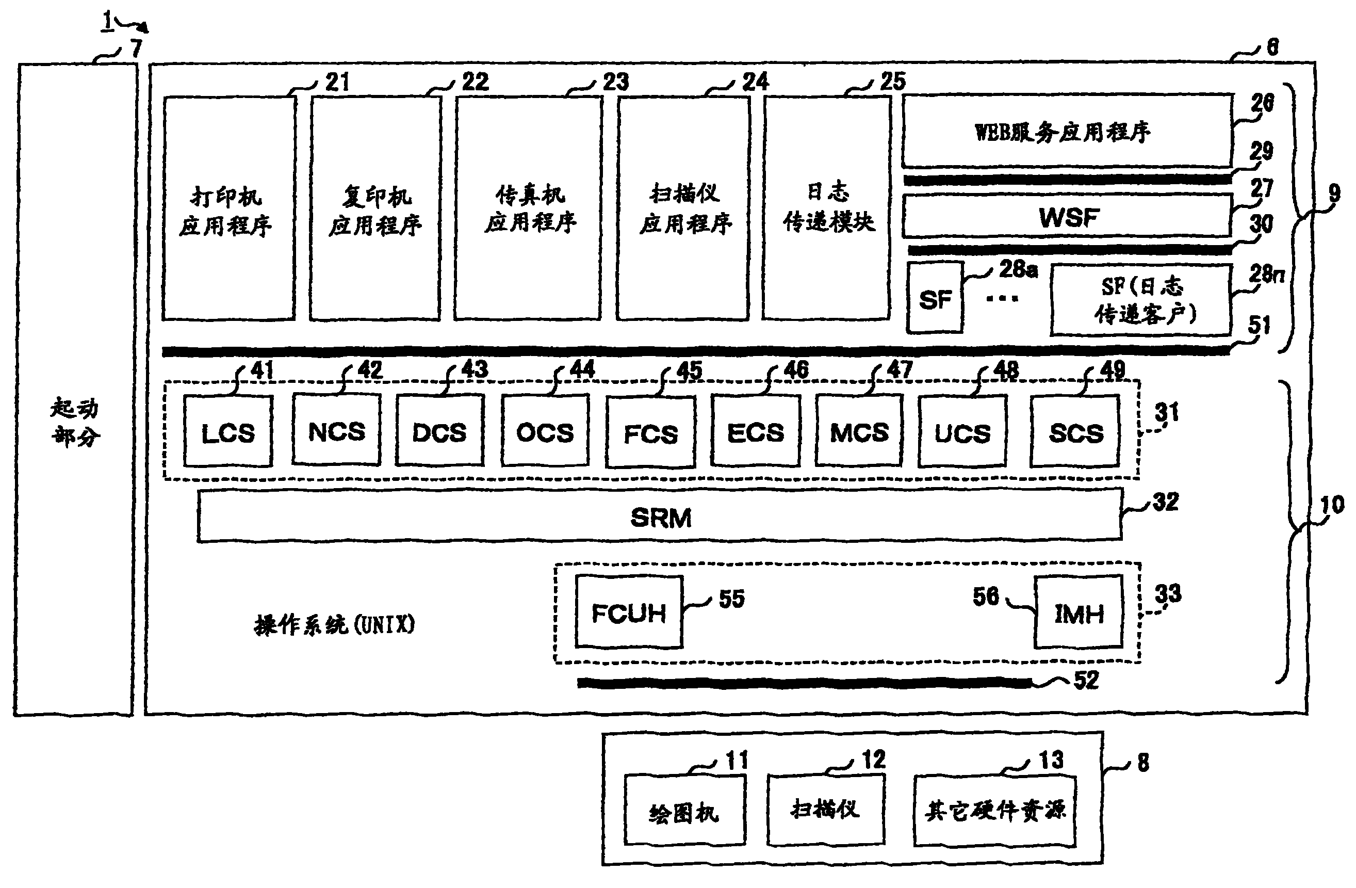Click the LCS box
tap(228, 431)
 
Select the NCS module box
tap(336, 430)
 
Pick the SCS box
tap(1075, 431)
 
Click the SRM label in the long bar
tap(660, 517)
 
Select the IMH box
tap(1078, 612)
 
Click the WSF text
tap(1068, 217)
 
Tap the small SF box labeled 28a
tap(935, 298)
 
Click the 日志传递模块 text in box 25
tap(828, 207)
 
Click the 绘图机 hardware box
tap(684, 811)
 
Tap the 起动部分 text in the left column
tap(75, 423)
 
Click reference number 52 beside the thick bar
tap(1086, 680)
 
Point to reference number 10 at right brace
tap(1332, 505)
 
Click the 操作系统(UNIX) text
tap(334, 625)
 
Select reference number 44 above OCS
tap(582, 369)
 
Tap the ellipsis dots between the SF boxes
tap(1002, 298)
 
